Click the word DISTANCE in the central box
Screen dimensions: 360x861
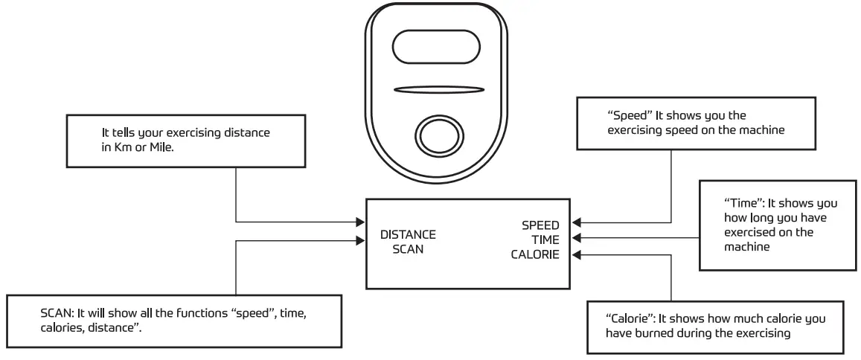[x=408, y=235]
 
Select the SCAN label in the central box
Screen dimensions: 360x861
[x=408, y=249]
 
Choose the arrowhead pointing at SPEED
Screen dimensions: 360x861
[x=577, y=222]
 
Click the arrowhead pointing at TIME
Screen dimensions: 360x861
[x=577, y=239]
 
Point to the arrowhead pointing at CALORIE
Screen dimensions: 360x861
[x=577, y=255]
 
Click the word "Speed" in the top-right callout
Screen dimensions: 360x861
[x=624, y=117]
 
